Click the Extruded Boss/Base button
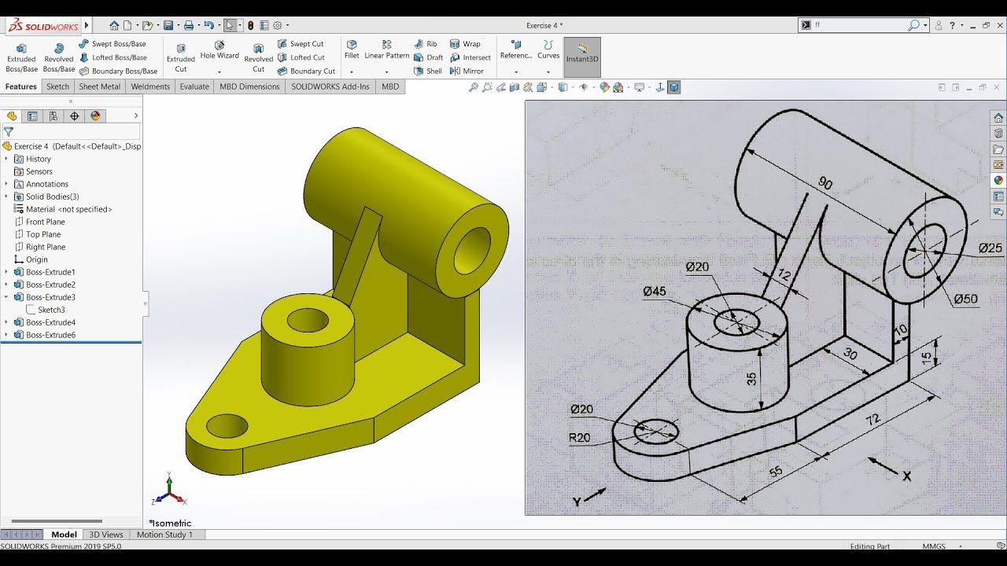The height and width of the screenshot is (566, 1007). point(21,57)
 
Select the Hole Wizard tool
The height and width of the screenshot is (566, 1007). point(219,50)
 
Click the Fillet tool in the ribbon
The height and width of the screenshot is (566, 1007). point(352,50)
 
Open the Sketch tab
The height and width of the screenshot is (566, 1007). point(57,86)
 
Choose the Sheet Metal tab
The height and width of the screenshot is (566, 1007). point(100,86)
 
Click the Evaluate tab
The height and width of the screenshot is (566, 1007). point(194,86)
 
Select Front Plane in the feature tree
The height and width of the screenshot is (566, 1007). point(45,222)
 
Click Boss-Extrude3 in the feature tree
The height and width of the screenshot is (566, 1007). point(50,297)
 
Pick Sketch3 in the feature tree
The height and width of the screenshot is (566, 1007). point(51,310)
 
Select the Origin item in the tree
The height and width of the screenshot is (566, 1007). point(36,259)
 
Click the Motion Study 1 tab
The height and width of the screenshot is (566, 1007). point(164,535)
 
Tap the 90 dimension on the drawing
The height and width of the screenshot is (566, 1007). point(825,183)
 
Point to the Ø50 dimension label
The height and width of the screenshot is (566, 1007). point(965,300)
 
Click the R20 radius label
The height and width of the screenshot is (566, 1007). point(580,438)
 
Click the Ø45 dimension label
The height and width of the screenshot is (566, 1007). point(654,292)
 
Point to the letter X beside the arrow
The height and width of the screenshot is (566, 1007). point(906,476)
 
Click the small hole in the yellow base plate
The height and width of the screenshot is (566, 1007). point(227,427)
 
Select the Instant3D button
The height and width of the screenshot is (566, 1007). point(582,57)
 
